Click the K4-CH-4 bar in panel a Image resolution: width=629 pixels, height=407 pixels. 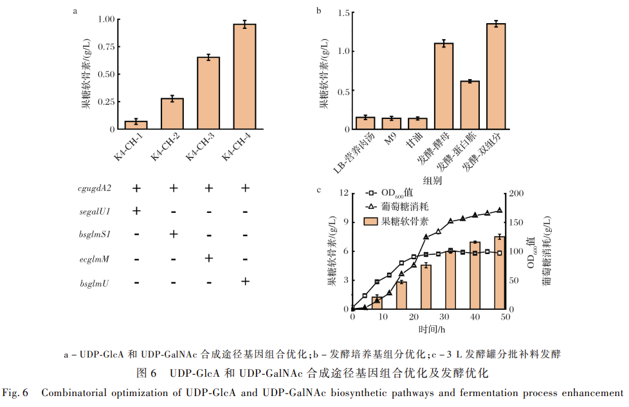244,77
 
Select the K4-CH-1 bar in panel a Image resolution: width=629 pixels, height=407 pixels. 136,125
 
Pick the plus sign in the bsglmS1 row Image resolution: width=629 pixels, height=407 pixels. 172,235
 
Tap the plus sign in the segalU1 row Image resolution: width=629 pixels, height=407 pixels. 136,211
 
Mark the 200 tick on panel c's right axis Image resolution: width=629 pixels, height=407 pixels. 515,193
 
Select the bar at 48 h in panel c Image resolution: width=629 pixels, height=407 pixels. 499,273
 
